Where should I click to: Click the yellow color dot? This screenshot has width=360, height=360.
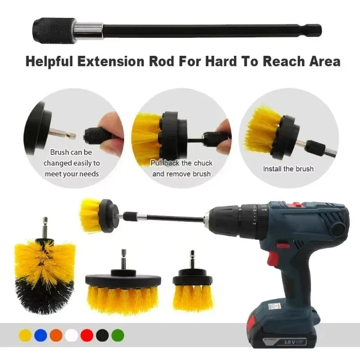point(25,335)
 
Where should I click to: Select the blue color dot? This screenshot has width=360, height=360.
point(40,335)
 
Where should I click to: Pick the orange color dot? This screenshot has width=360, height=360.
point(56,335)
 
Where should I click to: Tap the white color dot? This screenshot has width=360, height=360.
point(71,335)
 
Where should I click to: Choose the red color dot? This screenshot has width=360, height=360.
point(87,335)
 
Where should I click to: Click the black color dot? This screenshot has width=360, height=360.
point(102,335)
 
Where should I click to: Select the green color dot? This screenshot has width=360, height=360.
point(117,335)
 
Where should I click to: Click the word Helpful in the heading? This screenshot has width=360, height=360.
point(54,61)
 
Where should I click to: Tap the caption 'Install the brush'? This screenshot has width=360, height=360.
point(288,169)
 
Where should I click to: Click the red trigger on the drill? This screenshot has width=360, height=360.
point(272,258)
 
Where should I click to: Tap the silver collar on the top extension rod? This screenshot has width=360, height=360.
point(89,30)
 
